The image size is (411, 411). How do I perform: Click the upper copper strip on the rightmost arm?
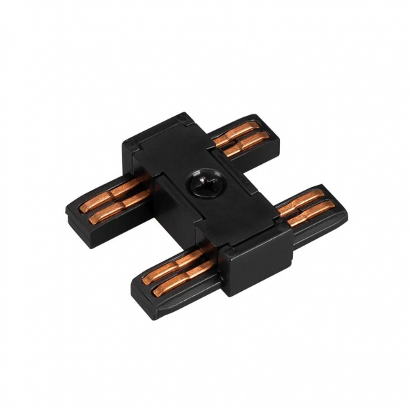click(x=296, y=201)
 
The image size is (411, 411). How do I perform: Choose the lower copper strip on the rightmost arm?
click(x=304, y=211)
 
